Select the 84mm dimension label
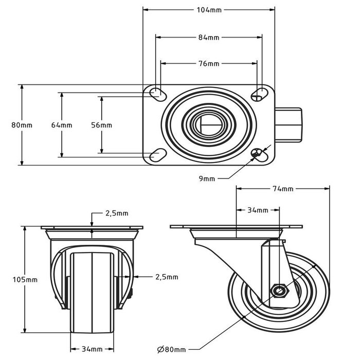(209, 37)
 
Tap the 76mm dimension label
(209, 64)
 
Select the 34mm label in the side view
(258, 210)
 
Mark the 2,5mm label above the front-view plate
(117, 213)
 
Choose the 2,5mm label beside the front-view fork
(167, 277)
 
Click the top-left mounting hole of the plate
(156, 94)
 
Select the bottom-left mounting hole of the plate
(156, 154)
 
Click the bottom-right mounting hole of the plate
(259, 153)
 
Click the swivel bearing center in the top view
(209, 124)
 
